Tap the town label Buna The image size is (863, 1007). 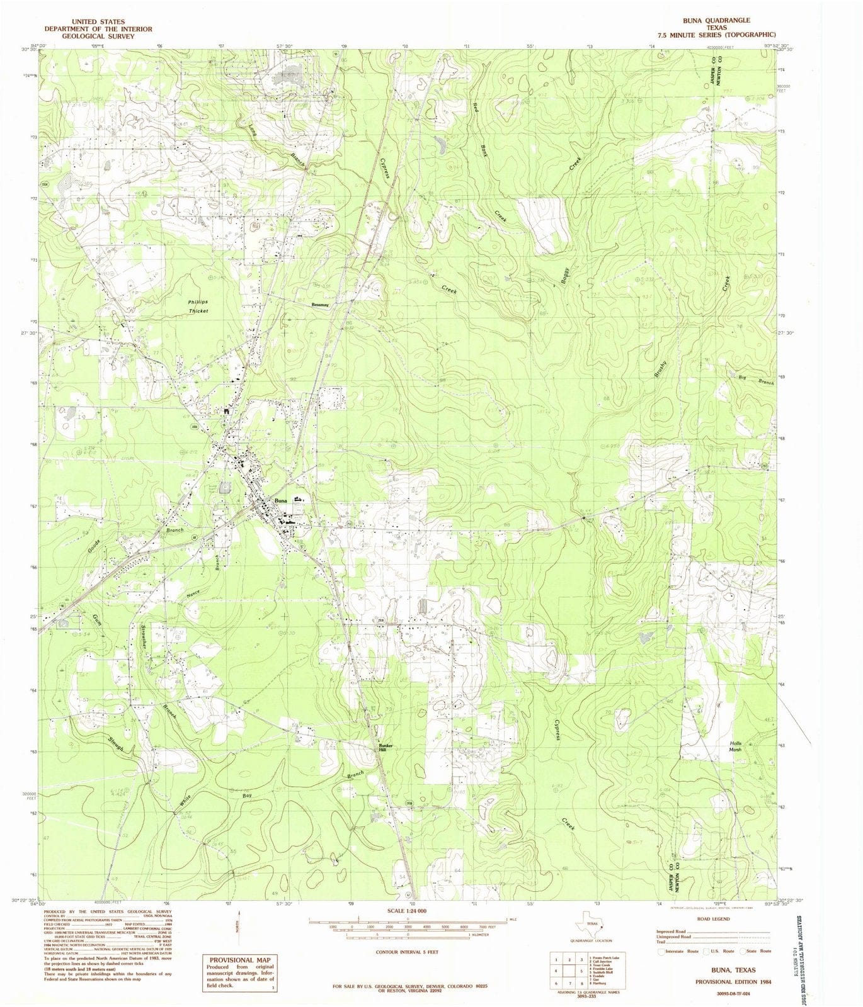click(x=280, y=500)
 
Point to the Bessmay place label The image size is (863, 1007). click(x=320, y=305)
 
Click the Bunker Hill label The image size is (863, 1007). click(x=386, y=747)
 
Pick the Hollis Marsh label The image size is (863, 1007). click(x=735, y=746)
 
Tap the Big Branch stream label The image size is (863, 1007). click(x=756, y=379)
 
